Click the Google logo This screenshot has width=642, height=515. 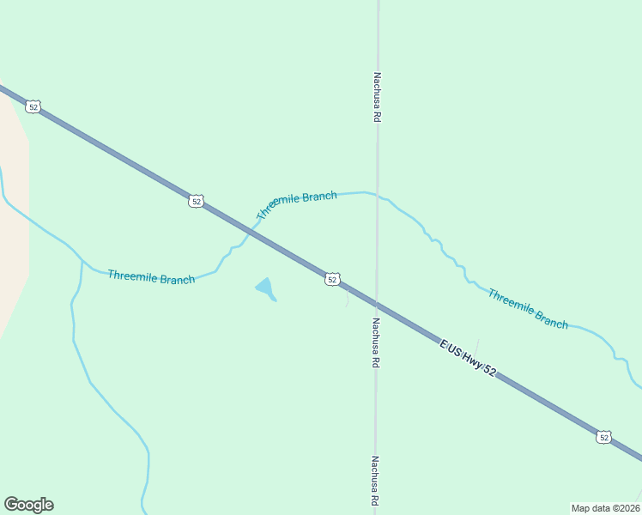click(x=28, y=505)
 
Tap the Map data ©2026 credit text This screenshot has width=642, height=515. click(x=605, y=507)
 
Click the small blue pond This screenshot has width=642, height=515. click(x=266, y=288)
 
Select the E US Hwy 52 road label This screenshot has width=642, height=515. click(x=468, y=357)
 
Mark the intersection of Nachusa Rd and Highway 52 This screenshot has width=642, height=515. click(x=376, y=303)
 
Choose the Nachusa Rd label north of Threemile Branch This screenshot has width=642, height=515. click(x=376, y=96)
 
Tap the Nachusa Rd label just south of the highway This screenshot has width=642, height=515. click(x=376, y=342)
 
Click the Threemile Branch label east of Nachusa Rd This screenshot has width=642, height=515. click(x=528, y=308)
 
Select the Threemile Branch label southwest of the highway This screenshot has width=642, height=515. click(x=151, y=277)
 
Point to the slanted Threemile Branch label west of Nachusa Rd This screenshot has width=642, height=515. click(x=297, y=205)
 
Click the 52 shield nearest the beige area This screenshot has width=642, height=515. click(x=33, y=106)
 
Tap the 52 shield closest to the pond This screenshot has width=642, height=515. click(x=333, y=279)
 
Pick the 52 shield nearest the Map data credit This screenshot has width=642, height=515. click(x=604, y=437)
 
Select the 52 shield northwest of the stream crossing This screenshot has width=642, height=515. click(x=197, y=201)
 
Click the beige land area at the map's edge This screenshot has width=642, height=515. click(x=13, y=215)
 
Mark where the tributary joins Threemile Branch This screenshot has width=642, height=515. click(x=82, y=260)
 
